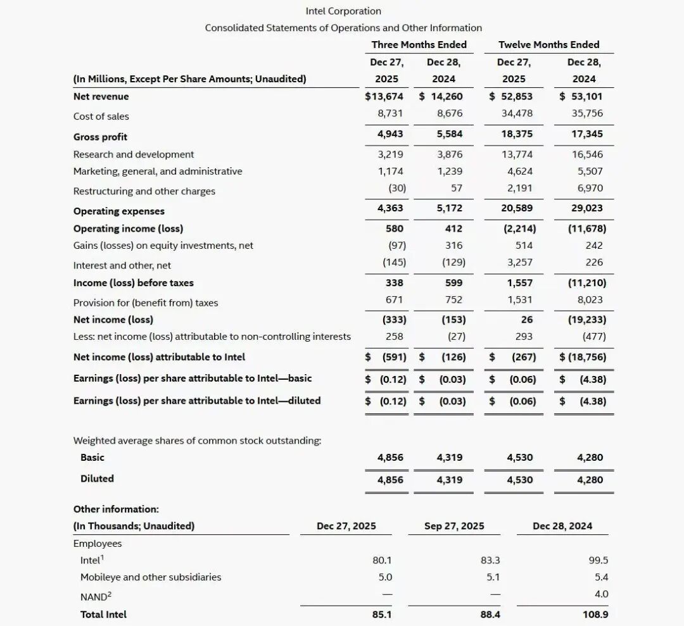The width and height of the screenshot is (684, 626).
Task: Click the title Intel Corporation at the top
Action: coord(343,11)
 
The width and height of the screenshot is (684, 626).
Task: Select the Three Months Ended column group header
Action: coord(419,44)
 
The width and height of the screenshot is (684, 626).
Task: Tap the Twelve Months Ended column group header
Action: coord(548,44)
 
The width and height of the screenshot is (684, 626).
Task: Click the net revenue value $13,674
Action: coord(384,96)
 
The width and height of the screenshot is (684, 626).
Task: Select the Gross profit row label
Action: coord(100,137)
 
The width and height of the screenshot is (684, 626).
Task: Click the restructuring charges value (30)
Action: coord(397,188)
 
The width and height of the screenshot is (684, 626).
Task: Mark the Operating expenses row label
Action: coord(118,211)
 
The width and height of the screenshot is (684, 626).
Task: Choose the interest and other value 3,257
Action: coord(520,262)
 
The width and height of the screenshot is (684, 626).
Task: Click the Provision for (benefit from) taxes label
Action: coord(145,303)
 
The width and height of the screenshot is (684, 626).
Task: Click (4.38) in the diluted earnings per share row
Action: coord(592,401)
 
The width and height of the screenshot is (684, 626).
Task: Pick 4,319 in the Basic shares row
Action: coord(450,457)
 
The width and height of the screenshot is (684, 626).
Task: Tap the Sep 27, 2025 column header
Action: coord(454,526)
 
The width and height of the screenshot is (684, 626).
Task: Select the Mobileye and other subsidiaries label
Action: coord(151,577)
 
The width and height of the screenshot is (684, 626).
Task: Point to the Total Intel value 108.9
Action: coord(595,614)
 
